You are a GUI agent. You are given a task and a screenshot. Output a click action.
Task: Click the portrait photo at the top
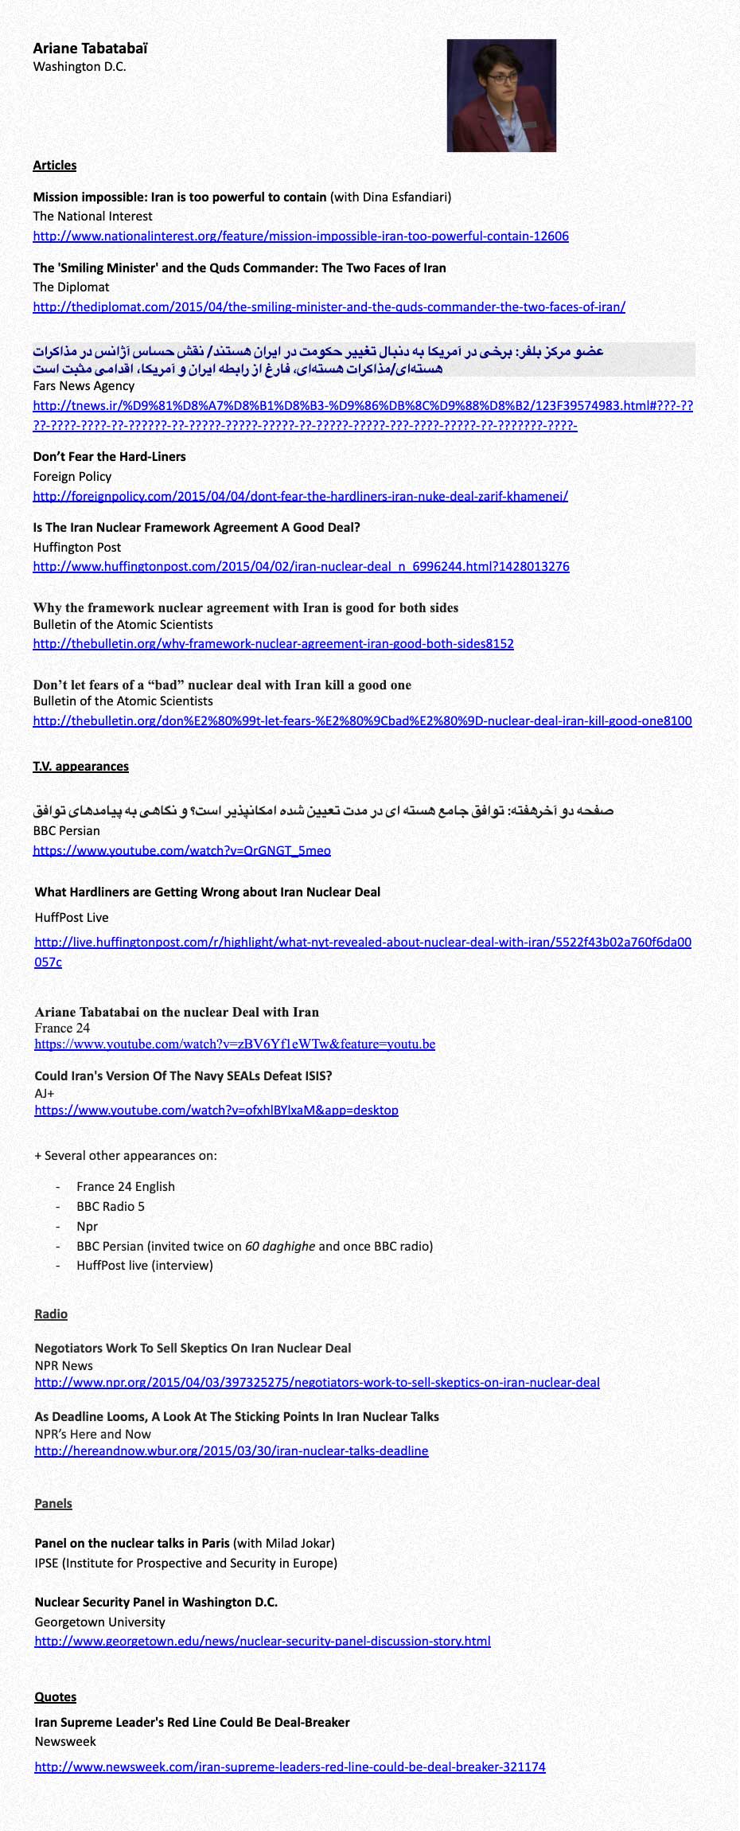coord(501,96)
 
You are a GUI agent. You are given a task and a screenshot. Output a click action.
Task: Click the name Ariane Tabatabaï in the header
coord(91,49)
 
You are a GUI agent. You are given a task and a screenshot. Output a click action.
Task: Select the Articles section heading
coord(55,166)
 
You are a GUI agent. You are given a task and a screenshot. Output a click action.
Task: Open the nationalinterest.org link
coord(301,236)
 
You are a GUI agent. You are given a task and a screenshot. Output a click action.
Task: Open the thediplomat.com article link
coord(329,306)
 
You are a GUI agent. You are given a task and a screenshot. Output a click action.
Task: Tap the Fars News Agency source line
coord(84,386)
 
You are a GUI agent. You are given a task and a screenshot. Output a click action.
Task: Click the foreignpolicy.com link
coord(300,496)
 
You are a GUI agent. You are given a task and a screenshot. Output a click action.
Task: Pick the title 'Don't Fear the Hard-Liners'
coord(109,457)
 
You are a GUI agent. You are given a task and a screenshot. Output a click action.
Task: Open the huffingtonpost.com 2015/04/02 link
coord(301,567)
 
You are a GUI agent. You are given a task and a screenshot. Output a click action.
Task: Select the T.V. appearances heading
coord(80,767)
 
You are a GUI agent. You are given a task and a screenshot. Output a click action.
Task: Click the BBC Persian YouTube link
coord(181,850)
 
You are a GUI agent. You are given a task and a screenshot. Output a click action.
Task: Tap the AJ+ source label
coord(45,1094)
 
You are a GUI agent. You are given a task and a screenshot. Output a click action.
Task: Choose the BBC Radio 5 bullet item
coord(111,1207)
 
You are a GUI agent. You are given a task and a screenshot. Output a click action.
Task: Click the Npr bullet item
coord(87,1227)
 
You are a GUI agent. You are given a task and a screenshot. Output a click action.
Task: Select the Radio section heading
coord(51,1314)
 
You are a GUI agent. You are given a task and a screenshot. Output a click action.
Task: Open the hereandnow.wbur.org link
coord(231,1451)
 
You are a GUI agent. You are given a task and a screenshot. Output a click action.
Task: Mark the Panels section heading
coord(53,1504)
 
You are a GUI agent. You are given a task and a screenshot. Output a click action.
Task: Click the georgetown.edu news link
coord(262,1642)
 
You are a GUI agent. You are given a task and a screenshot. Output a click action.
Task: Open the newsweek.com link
coord(290,1767)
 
